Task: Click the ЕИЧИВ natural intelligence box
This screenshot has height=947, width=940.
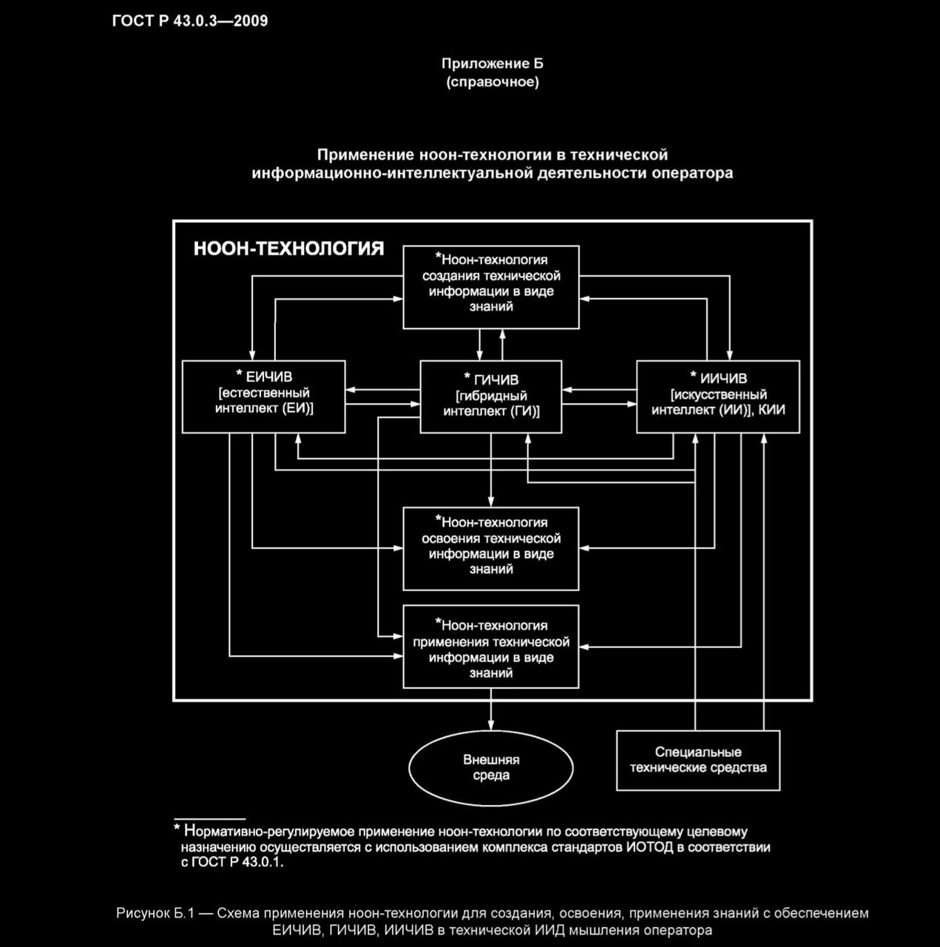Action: (x=263, y=397)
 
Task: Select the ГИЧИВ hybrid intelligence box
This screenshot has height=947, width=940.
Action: (x=490, y=397)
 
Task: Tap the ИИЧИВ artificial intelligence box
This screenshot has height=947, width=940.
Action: (x=717, y=397)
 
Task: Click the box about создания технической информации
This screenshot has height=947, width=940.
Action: (x=490, y=287)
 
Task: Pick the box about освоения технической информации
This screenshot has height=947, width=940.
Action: (x=490, y=549)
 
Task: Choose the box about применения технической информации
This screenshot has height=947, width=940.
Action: (x=490, y=647)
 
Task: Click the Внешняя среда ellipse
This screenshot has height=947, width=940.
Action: (x=491, y=768)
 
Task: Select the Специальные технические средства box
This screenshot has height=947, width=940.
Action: (x=697, y=761)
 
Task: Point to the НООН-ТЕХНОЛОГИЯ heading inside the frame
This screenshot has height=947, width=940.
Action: (x=288, y=249)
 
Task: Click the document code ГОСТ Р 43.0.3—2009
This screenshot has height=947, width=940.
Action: (x=190, y=21)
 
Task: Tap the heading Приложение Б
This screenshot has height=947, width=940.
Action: (x=492, y=64)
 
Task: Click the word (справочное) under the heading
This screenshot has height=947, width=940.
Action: (x=492, y=82)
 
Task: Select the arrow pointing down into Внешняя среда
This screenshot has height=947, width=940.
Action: (x=491, y=710)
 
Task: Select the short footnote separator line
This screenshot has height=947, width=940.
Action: (x=209, y=818)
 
